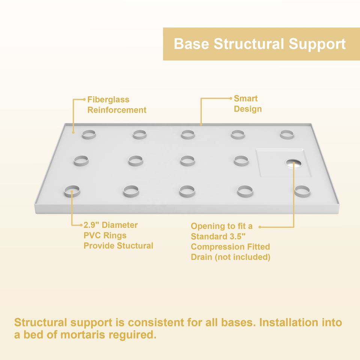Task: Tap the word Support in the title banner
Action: [x=317, y=45]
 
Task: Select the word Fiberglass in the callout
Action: [x=108, y=100]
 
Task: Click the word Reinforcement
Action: [x=117, y=110]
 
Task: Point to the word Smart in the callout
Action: [x=246, y=99]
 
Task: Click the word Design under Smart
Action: [x=248, y=109]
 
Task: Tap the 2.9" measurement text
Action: [x=90, y=225]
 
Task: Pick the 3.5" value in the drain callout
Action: [x=237, y=236]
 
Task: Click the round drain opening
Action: [x=294, y=163]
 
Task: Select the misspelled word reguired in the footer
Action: [x=132, y=335]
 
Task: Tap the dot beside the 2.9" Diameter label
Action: [x=81, y=225]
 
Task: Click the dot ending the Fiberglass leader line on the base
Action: [x=73, y=132]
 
